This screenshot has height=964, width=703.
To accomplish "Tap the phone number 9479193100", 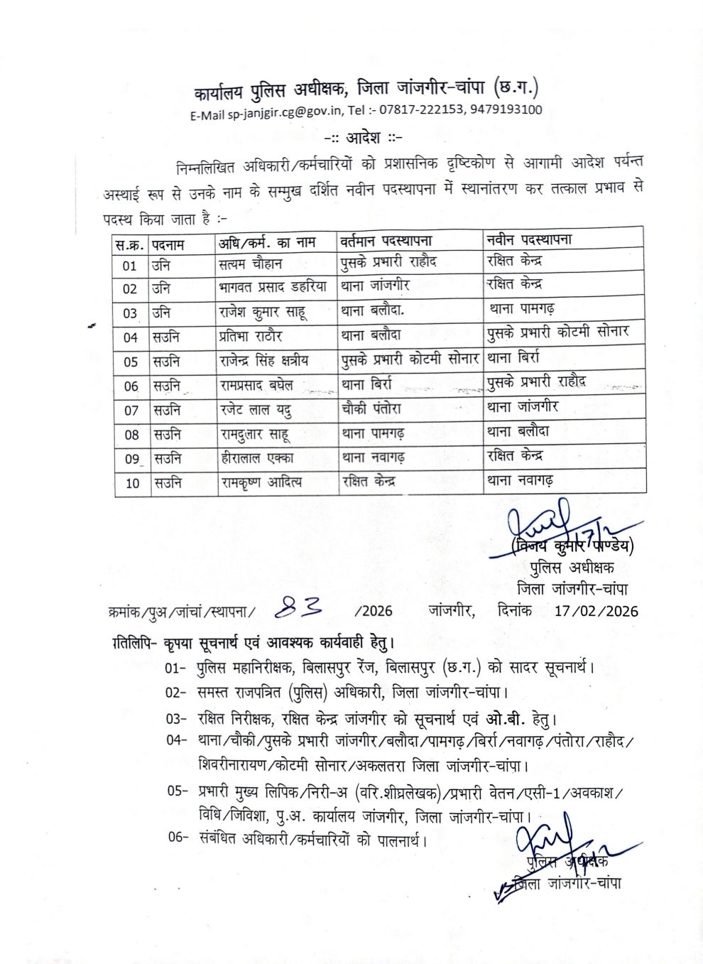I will click(507, 110).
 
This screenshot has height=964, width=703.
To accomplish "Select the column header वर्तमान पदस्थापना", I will click(386, 241).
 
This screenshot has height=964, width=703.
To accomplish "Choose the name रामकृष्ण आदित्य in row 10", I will click(261, 483).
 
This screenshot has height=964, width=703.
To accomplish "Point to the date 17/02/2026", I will click(596, 611).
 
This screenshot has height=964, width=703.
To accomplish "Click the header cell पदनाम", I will click(168, 244).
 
